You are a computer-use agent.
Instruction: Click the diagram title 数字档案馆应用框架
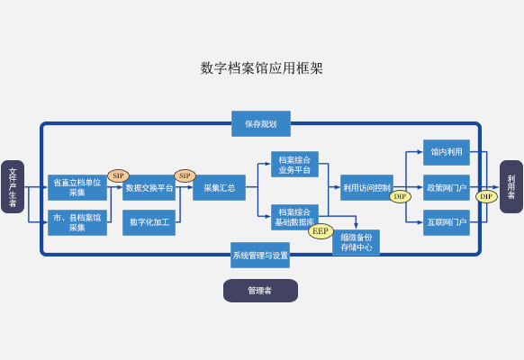click(x=262, y=68)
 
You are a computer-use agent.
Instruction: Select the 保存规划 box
click(x=261, y=124)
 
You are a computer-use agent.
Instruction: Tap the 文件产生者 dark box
click(x=13, y=186)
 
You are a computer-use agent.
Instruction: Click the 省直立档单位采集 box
click(x=77, y=187)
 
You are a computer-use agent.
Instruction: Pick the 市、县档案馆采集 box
click(x=77, y=222)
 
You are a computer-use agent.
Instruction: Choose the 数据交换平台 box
click(x=149, y=188)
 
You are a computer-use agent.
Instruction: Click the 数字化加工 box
click(x=149, y=222)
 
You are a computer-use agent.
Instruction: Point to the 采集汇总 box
click(x=219, y=188)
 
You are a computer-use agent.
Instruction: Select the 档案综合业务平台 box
click(x=294, y=165)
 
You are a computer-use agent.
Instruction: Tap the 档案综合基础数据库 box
click(x=294, y=217)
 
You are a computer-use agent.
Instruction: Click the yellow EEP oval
click(x=321, y=231)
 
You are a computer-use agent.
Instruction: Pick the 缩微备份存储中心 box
click(x=356, y=242)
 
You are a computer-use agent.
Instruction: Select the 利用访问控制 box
click(x=366, y=188)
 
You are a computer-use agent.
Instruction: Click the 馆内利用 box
click(x=447, y=152)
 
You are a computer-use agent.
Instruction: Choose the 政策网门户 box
click(x=447, y=188)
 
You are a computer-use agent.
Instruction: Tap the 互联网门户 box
click(x=447, y=222)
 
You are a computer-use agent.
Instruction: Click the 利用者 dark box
click(x=511, y=186)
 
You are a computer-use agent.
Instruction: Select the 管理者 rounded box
click(x=261, y=291)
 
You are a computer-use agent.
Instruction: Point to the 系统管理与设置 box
click(x=260, y=255)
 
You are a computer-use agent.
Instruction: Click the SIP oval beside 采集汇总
click(x=185, y=175)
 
